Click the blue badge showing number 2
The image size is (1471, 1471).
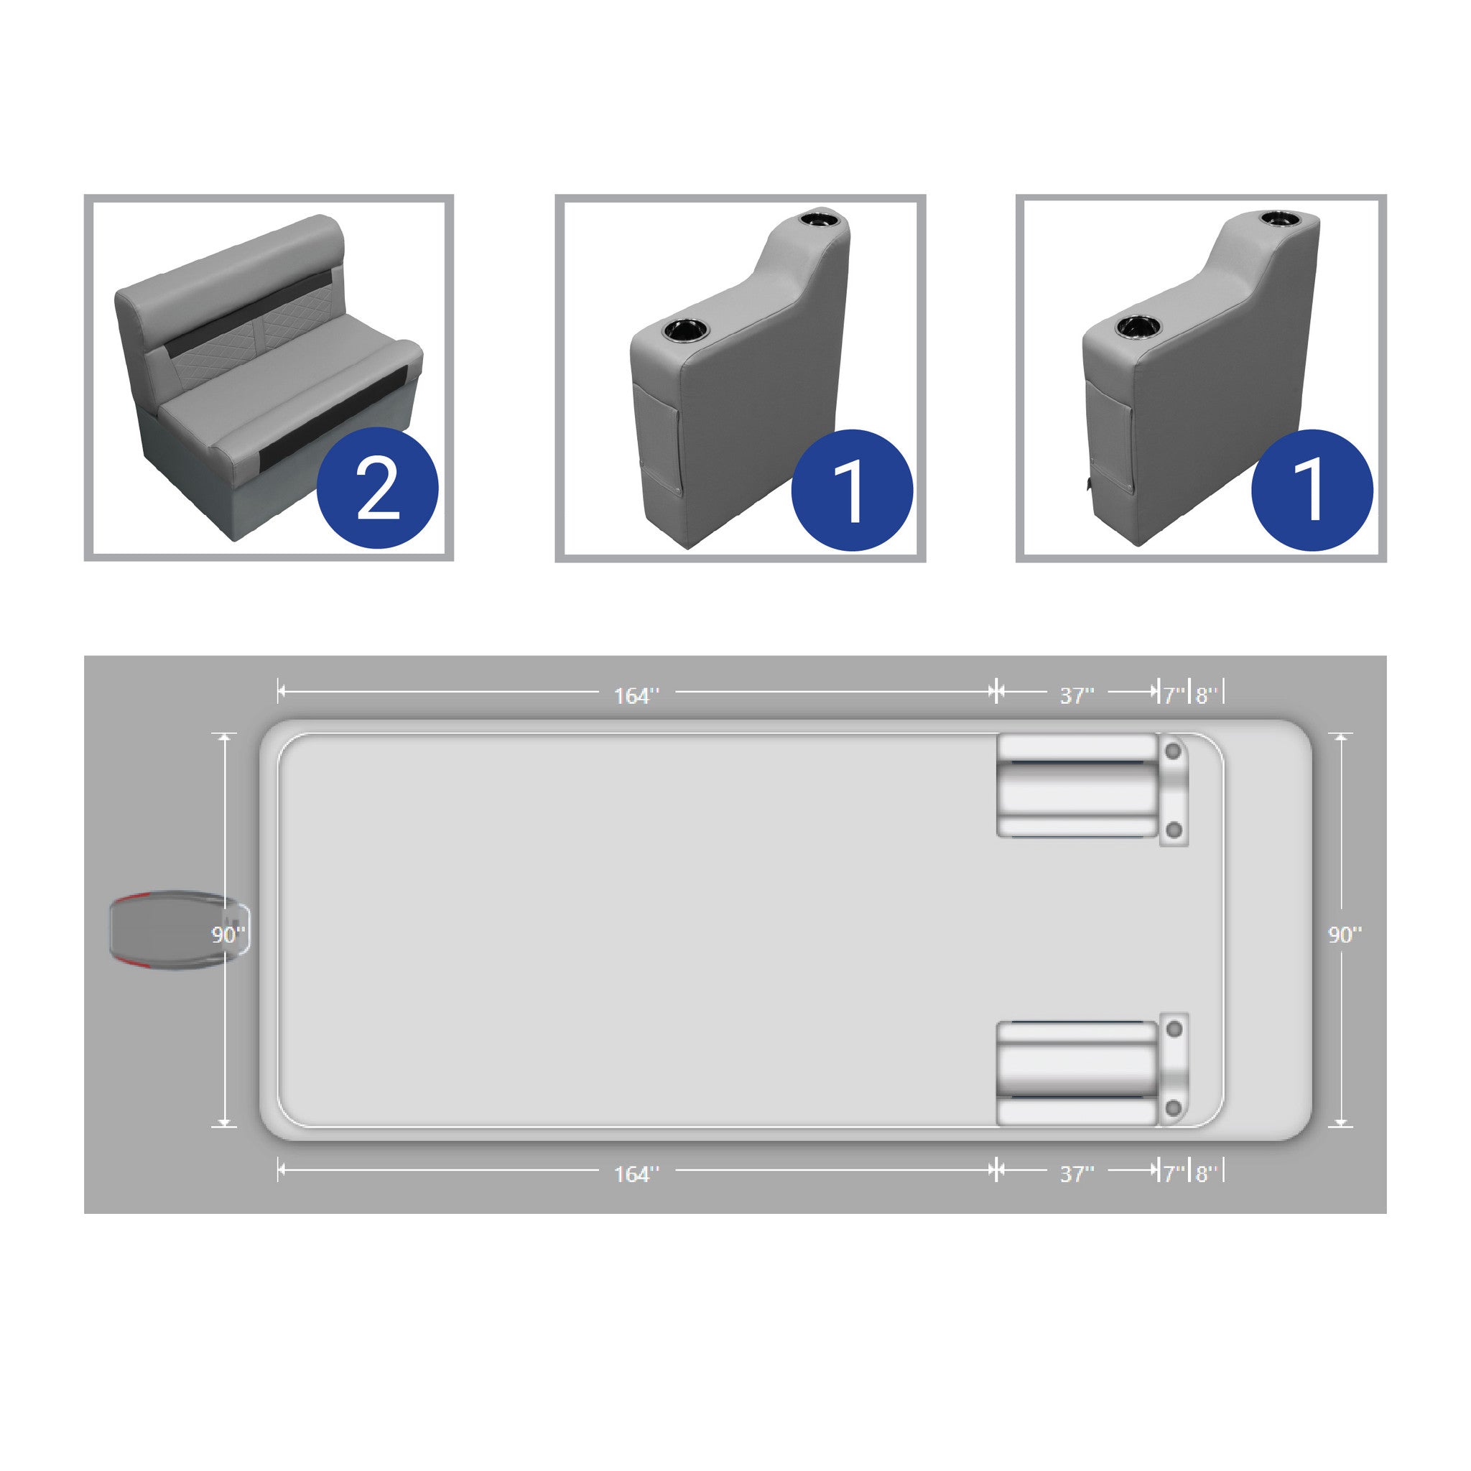(x=377, y=487)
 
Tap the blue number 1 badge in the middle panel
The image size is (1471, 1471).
(x=852, y=491)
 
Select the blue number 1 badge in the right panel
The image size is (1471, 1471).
(x=1312, y=491)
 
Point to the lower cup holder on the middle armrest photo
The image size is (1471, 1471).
(x=685, y=331)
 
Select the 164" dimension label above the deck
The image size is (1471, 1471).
(x=636, y=695)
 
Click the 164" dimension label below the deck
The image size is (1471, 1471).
(x=636, y=1174)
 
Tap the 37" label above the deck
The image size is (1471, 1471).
(x=1077, y=695)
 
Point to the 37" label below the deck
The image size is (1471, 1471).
(x=1077, y=1174)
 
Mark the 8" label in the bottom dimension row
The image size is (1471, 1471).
(x=1206, y=1174)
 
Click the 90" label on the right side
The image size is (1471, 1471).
(x=1345, y=935)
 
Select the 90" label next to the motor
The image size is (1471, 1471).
(x=228, y=934)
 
